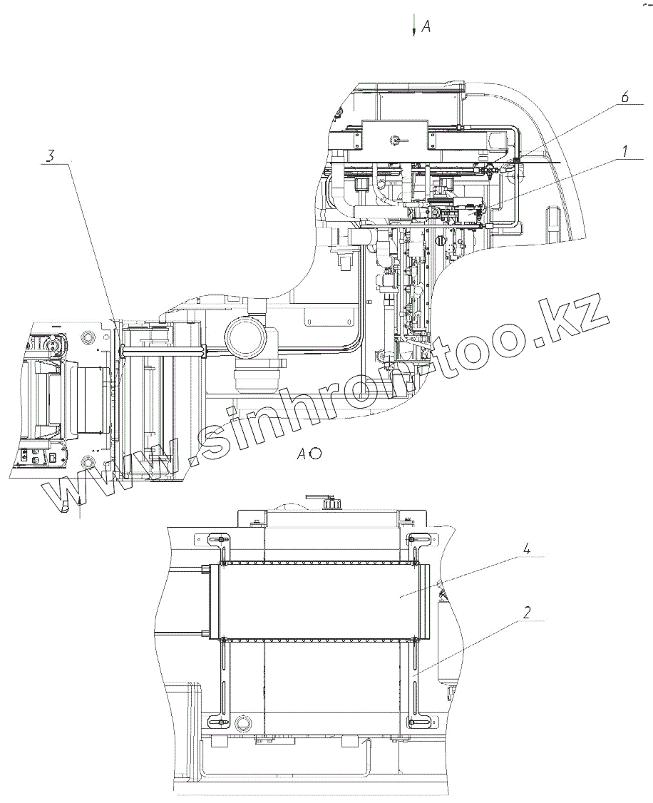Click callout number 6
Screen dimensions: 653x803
(624, 97)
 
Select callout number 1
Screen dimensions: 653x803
(625, 152)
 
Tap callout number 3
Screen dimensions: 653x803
(51, 155)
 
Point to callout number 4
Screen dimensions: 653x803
(525, 550)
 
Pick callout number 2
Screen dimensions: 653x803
(527, 612)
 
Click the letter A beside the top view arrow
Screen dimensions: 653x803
(426, 27)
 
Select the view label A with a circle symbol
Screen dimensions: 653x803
(309, 453)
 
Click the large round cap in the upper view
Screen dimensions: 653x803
(247, 338)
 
